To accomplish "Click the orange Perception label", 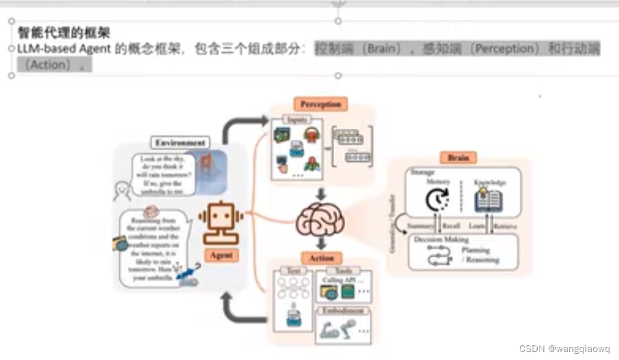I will click(320, 104).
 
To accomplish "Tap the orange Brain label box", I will click(458, 158).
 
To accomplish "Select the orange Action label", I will click(321, 258).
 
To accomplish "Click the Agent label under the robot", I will click(220, 254).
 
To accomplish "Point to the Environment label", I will click(180, 142).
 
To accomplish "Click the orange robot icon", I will click(221, 221).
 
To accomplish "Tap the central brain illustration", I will click(319, 220).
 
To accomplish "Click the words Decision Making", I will click(441, 239).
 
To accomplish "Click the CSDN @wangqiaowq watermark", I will click(564, 348).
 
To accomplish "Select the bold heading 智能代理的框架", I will click(64, 33).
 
